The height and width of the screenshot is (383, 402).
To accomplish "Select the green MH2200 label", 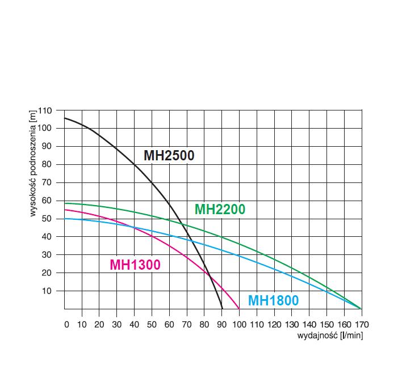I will (x=220, y=210).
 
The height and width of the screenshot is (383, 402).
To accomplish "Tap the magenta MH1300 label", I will (x=135, y=265).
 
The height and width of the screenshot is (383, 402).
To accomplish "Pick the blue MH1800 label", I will (x=273, y=301).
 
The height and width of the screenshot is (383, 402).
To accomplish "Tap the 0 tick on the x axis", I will (x=66, y=325).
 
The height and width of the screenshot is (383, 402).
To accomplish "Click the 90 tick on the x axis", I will (x=221, y=325).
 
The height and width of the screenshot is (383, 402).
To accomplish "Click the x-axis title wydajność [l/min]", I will (x=330, y=335).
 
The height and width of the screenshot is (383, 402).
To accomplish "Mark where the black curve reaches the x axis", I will (x=222, y=309).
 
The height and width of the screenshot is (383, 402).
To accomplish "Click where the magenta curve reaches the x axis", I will (x=239, y=309).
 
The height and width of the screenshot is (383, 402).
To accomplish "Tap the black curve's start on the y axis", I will (x=64, y=118).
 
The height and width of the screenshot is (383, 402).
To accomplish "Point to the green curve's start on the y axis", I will (x=64, y=203).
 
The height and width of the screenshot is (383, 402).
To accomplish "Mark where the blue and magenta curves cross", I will (x=135, y=228).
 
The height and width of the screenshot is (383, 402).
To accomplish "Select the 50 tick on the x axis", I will (x=152, y=325).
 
